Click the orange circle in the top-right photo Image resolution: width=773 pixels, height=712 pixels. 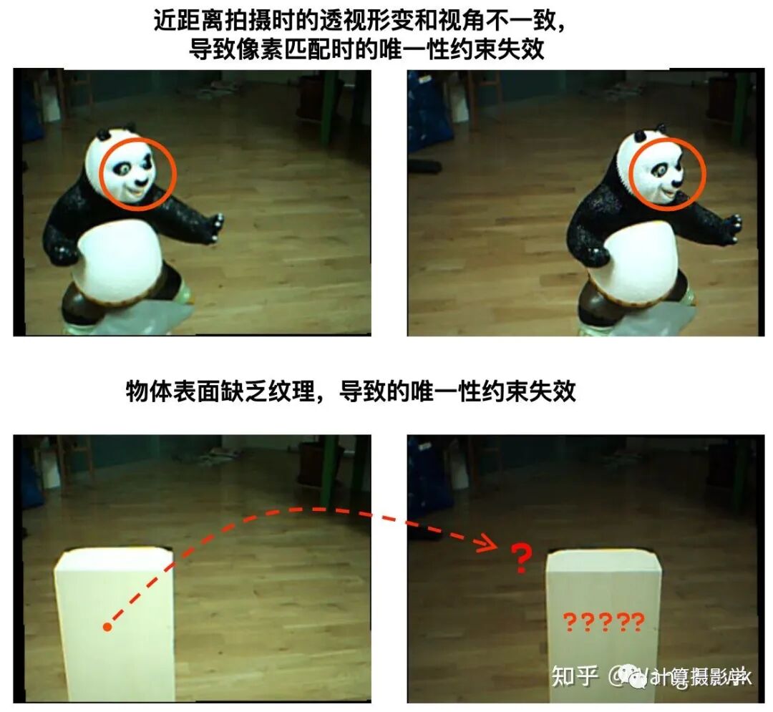coord(668,171)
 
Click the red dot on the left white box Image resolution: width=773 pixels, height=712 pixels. coord(107,627)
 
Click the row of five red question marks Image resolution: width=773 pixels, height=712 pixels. coord(603,622)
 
